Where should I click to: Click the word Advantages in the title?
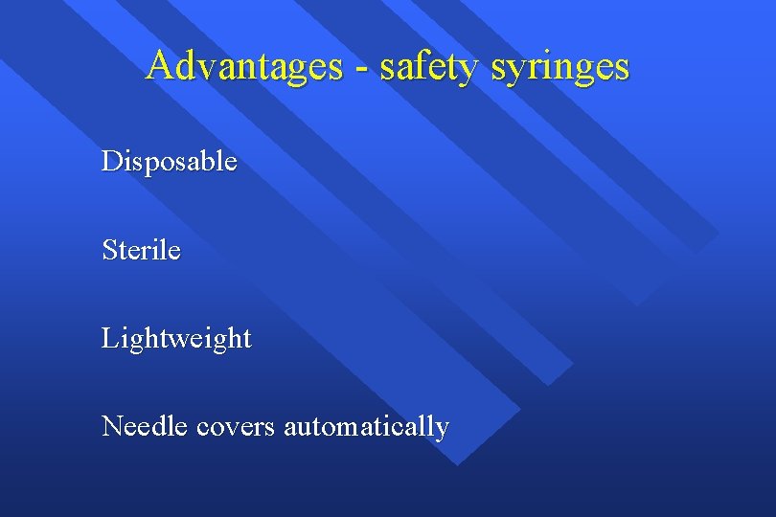coord(243,66)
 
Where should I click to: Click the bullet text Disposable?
coord(170,162)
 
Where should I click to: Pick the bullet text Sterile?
coord(141,250)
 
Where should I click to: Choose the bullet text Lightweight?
coord(176,339)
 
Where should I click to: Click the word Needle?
coord(145,425)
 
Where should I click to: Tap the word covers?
coord(236,427)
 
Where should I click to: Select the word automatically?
coord(366,427)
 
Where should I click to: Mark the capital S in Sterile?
coord(110,250)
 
